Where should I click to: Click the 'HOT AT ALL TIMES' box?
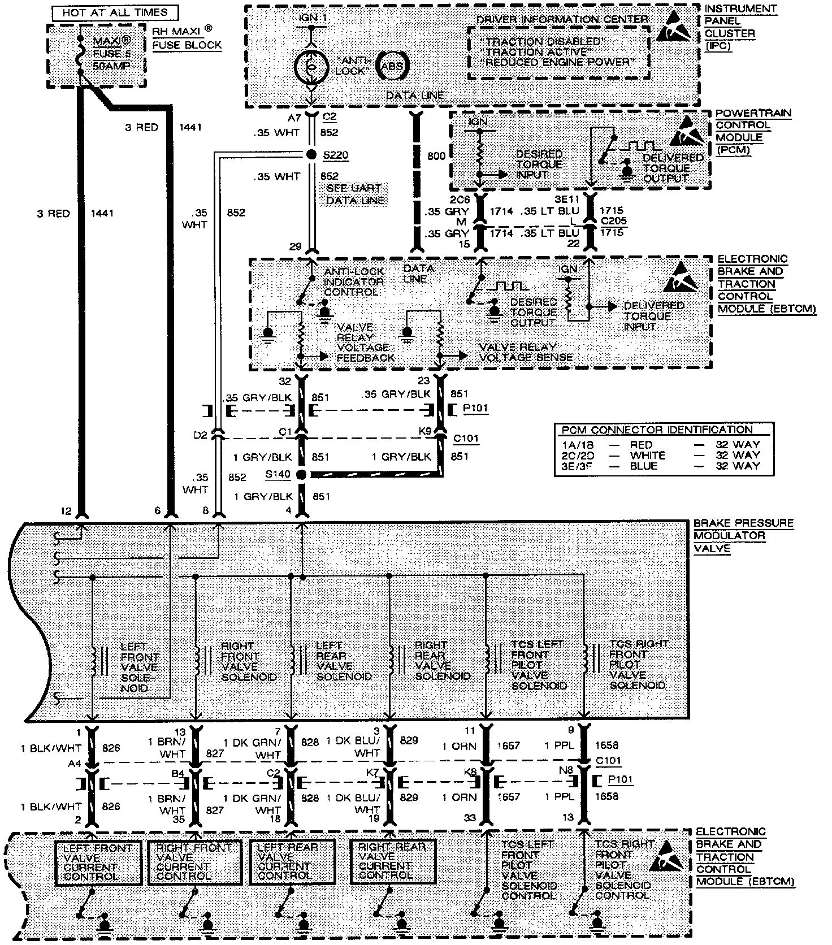click(x=115, y=12)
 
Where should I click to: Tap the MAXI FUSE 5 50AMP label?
click(x=111, y=54)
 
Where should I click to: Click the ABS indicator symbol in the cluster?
click(x=392, y=66)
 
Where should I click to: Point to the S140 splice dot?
click(x=301, y=475)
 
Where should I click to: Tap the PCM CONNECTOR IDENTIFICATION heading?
click(x=656, y=430)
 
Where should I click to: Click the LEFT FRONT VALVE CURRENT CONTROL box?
click(x=98, y=862)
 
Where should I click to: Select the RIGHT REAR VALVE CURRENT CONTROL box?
click(x=393, y=861)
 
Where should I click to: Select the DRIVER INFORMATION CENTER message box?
click(x=558, y=51)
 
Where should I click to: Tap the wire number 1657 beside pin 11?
click(x=508, y=746)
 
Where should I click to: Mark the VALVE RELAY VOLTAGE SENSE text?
click(x=526, y=352)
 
